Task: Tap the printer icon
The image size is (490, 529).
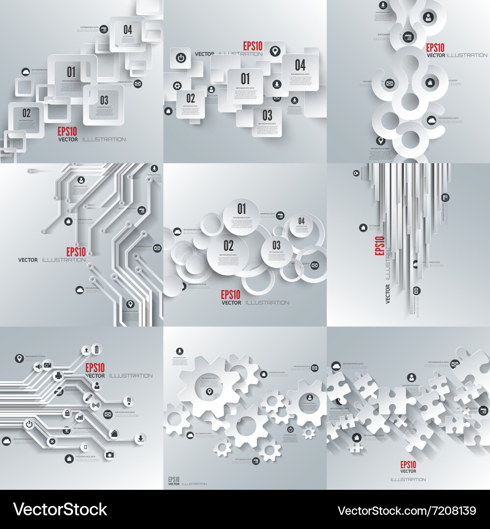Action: (x=59, y=376)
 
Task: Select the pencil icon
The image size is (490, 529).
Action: (x=88, y=397)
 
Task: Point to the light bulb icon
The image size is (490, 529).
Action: (x=129, y=400)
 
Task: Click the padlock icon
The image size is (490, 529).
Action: (x=66, y=414)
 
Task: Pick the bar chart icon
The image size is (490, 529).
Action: (x=79, y=417)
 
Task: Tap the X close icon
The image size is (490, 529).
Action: (x=52, y=441)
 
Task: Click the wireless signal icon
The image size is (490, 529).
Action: (x=96, y=405)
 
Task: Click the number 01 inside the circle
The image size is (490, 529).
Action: (x=241, y=207)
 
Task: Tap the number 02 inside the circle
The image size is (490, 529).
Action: (x=228, y=245)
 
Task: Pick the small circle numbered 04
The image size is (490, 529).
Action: (x=301, y=221)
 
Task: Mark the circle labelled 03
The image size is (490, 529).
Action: (x=276, y=245)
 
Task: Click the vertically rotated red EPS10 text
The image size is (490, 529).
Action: (x=379, y=245)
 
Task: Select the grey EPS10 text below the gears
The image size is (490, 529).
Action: (x=173, y=479)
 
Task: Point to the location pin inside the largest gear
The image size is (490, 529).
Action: (x=209, y=391)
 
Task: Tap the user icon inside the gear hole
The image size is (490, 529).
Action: (x=310, y=397)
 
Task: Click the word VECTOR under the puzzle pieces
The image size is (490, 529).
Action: (x=408, y=471)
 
